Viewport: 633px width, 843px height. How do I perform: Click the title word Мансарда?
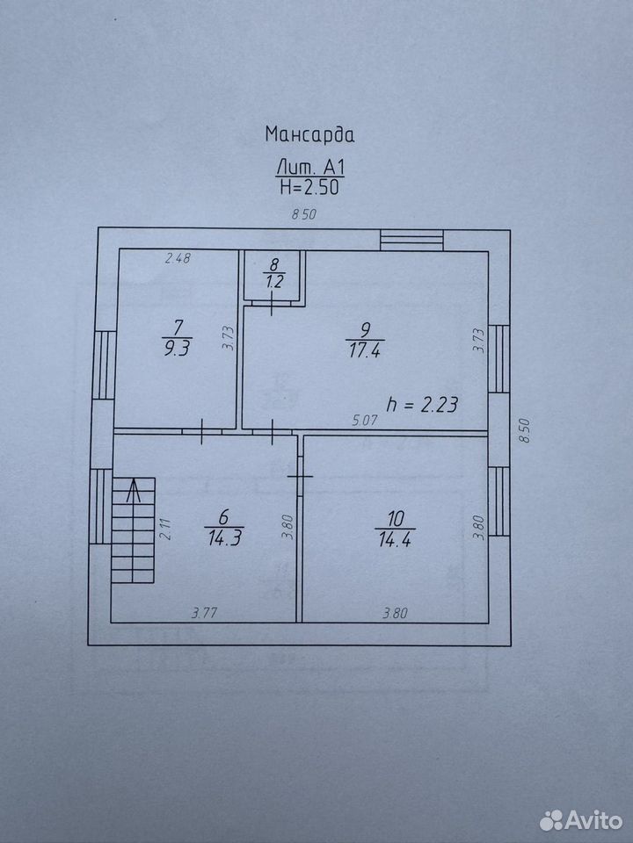pos(309,133)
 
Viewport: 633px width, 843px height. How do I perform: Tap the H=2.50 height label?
pos(309,186)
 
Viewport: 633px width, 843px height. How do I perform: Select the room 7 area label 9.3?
pos(176,348)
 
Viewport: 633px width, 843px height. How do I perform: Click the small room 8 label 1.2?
pos(273,281)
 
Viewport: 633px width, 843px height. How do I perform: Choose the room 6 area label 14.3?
pos(224,537)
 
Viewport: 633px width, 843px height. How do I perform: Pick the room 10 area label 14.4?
pos(395,538)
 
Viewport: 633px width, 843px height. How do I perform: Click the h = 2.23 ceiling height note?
pos(423,404)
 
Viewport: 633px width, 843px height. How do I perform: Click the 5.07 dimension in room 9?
pos(365,420)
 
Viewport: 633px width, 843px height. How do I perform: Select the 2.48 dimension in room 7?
pos(178,258)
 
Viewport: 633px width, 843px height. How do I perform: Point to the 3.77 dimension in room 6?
pos(205,612)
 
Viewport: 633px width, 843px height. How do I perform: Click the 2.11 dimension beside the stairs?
pos(166,528)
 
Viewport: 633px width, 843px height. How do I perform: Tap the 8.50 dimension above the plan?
pos(303,214)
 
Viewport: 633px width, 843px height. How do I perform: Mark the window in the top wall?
pos(411,240)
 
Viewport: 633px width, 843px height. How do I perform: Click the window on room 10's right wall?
pos(499,501)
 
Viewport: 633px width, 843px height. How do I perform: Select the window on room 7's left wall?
pos(105,364)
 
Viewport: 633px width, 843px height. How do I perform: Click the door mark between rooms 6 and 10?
pos(300,477)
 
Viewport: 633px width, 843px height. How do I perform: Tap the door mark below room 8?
pos(272,305)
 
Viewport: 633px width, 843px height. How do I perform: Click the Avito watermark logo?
pos(581,820)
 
